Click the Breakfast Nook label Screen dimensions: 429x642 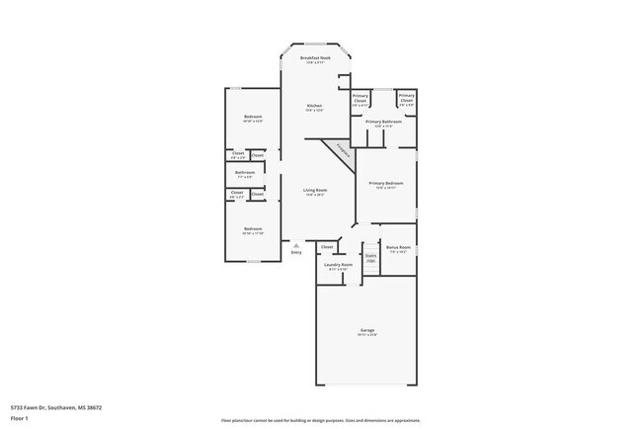point(315,58)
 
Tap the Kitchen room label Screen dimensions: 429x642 point(314,106)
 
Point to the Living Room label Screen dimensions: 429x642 point(315,190)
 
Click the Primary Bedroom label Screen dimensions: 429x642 point(385,184)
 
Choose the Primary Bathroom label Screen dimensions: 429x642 point(384,123)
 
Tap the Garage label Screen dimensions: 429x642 point(367,330)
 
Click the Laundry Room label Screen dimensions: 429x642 point(339,265)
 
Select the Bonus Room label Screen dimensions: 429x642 point(398,247)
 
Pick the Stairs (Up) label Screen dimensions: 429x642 point(371,257)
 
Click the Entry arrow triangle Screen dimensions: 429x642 point(295,245)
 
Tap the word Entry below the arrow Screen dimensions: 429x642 point(296,253)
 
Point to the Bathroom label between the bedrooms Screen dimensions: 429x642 point(245,173)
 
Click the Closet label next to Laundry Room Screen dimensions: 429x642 point(327,246)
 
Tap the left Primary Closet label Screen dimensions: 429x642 point(361,98)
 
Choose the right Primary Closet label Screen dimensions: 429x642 point(406,98)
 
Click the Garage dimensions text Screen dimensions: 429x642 point(367,335)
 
